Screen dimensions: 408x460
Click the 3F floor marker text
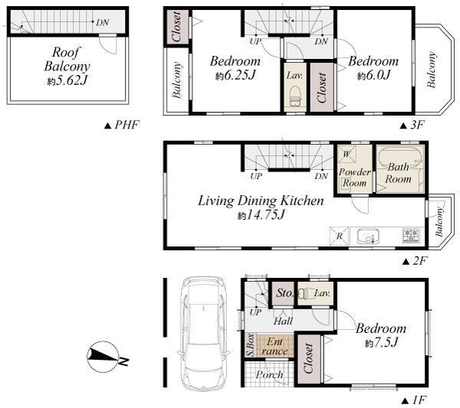[x=412, y=125]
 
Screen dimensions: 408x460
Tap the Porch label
[x=269, y=375]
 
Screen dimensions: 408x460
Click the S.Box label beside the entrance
[x=250, y=344]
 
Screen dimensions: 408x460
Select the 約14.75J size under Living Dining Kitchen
[x=261, y=216]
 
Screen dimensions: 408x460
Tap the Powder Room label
[x=354, y=178]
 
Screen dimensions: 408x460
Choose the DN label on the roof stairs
[x=102, y=22]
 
